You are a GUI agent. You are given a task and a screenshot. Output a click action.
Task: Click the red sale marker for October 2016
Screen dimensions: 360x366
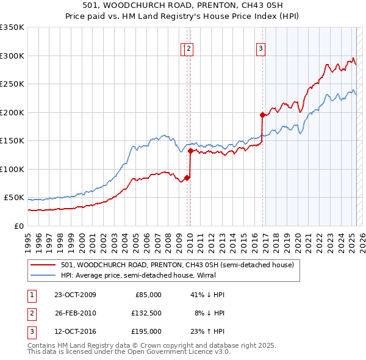pos(262,115)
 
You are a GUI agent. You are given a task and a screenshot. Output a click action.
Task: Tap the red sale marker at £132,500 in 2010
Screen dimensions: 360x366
pos(190,150)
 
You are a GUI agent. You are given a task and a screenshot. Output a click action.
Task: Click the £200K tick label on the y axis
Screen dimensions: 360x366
pos(12,112)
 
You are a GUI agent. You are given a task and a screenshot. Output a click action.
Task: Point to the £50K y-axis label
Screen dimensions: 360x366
pos(14,198)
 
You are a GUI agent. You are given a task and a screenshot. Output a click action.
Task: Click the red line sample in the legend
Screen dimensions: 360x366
pos(43,265)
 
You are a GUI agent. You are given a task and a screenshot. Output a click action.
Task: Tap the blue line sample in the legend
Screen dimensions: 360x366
pos(43,275)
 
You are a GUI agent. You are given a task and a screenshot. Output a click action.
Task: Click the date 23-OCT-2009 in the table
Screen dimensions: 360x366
pos(75,295)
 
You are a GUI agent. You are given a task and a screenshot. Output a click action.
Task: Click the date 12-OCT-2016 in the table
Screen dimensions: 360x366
pos(75,331)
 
